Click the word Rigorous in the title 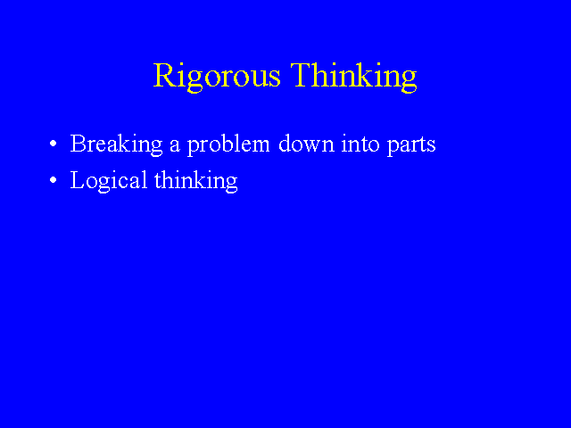[217, 77]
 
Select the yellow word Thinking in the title [353, 77]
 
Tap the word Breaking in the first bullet [116, 144]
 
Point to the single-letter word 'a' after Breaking [175, 146]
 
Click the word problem [228, 144]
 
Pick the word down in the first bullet [306, 144]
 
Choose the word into [360, 144]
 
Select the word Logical [109, 181]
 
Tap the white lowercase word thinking [196, 181]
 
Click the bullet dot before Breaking [54, 144]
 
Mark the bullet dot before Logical [54, 180]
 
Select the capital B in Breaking [78, 144]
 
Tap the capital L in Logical [78, 180]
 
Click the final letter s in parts [432, 146]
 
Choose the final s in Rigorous [276, 78]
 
